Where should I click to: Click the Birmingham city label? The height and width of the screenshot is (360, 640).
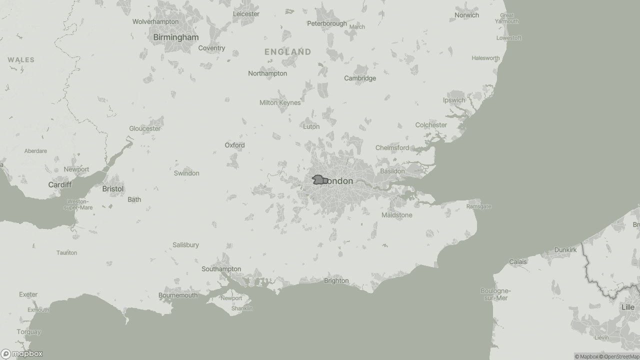pyautogui.click(x=175, y=37)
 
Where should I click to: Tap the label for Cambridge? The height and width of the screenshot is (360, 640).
pyautogui.click(x=359, y=78)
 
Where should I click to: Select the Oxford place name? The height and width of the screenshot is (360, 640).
pyautogui.click(x=234, y=145)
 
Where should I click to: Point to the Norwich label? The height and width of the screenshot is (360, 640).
pyautogui.click(x=466, y=15)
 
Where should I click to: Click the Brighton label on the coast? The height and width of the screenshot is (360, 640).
pyautogui.click(x=336, y=280)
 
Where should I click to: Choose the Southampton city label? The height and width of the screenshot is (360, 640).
pyautogui.click(x=221, y=269)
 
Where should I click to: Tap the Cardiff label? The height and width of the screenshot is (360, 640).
pyautogui.click(x=59, y=185)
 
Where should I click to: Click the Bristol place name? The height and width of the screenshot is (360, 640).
pyautogui.click(x=112, y=189)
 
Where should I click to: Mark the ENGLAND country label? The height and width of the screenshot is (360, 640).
pyautogui.click(x=287, y=51)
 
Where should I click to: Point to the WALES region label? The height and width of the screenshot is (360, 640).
pyautogui.click(x=21, y=60)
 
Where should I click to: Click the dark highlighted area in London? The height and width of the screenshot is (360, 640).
pyautogui.click(x=318, y=179)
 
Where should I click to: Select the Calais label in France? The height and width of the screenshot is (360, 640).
pyautogui.click(x=518, y=261)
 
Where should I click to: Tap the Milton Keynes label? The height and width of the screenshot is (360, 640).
pyautogui.click(x=280, y=102)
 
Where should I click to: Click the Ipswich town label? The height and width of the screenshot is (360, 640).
pyautogui.click(x=453, y=100)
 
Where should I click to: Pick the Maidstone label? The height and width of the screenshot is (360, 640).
pyautogui.click(x=396, y=215)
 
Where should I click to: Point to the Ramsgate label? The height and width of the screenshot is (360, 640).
pyautogui.click(x=478, y=206)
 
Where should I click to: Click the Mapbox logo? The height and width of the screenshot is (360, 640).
pyautogui.click(x=22, y=353)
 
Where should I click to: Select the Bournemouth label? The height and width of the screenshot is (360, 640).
pyautogui.click(x=177, y=295)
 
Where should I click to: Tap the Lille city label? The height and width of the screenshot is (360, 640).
pyautogui.click(x=627, y=307)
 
